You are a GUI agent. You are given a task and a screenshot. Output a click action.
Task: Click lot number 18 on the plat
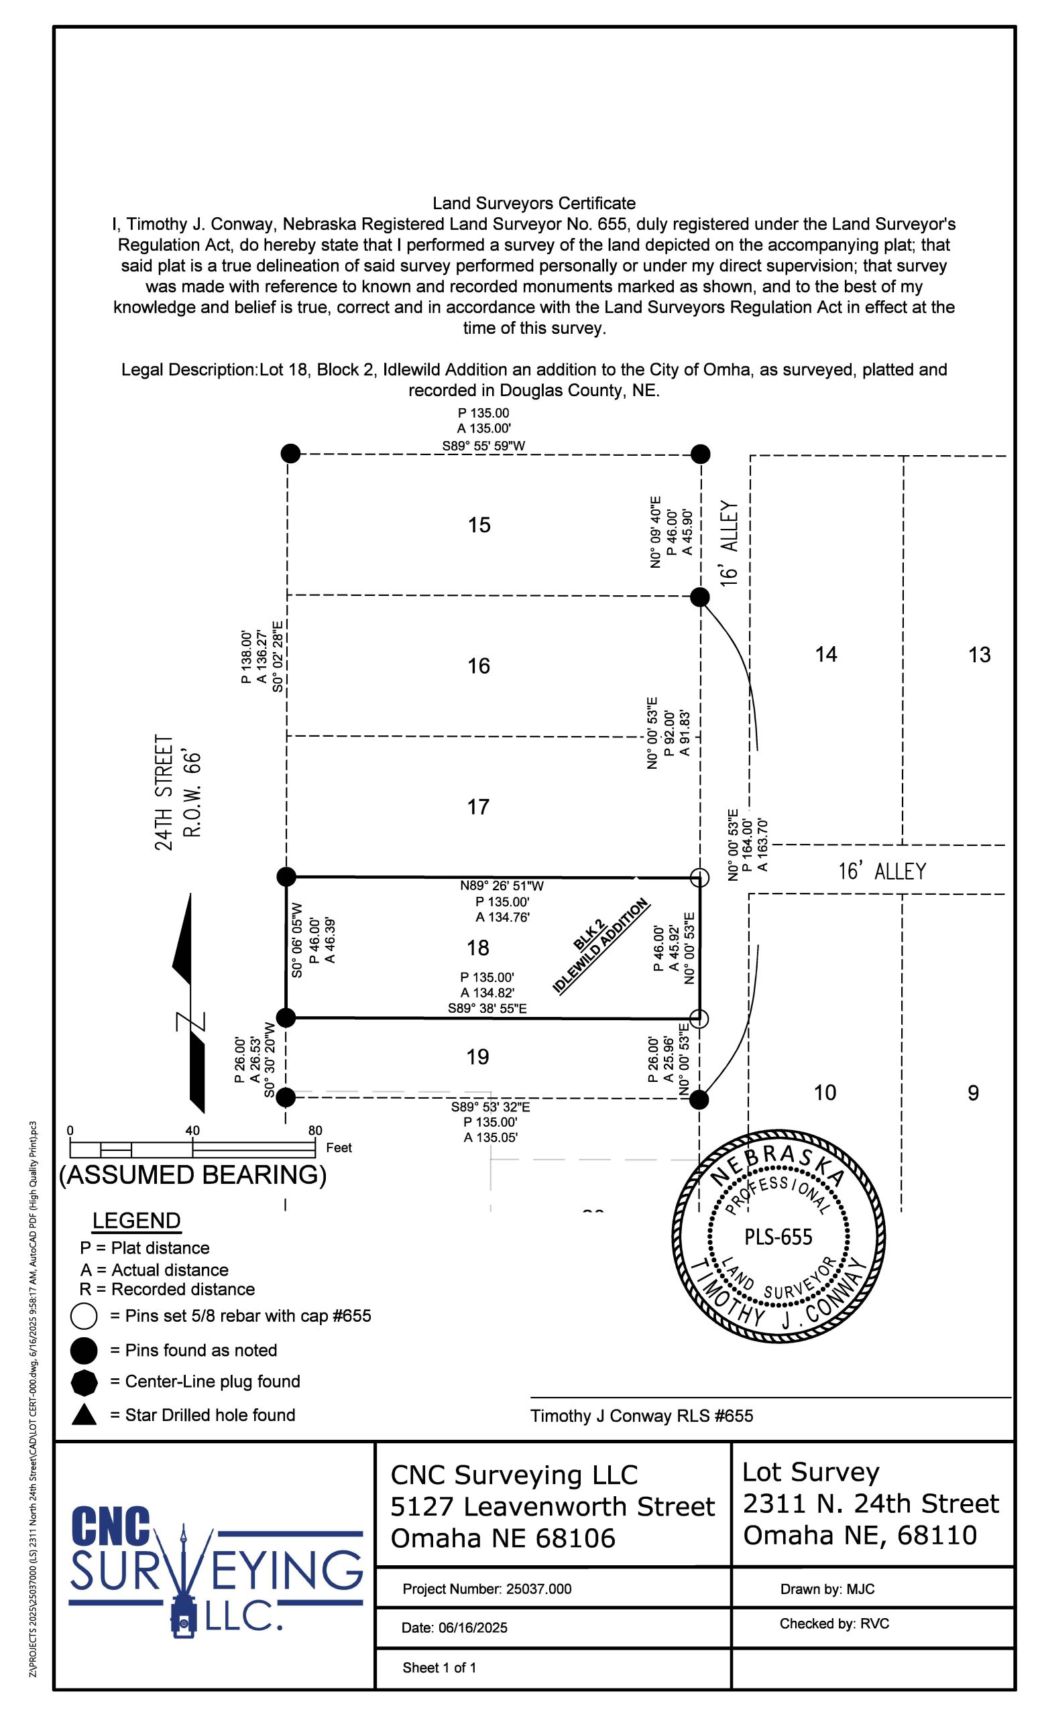coord(478,947)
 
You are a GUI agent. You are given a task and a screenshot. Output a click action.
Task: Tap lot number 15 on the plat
coord(479,524)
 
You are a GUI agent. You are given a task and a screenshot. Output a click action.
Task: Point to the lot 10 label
coord(825,1093)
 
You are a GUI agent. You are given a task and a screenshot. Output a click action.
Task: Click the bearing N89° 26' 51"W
coord(502,886)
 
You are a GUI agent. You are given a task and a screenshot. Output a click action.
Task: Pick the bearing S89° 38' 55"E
coord(487,1007)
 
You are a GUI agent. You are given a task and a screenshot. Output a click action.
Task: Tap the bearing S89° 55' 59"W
coord(483,446)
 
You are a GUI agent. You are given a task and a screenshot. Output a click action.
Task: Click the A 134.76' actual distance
coord(502,917)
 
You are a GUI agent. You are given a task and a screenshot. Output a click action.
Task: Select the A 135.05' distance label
coord(490,1138)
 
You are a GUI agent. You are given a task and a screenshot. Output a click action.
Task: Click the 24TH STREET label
coord(164,792)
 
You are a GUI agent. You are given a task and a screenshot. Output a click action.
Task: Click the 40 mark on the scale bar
coord(192,1129)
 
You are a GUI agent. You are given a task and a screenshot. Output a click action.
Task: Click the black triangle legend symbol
coord(84,1414)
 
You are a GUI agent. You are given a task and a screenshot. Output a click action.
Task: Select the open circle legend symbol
coord(84,1316)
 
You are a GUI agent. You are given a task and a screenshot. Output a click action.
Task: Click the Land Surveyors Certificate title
coord(534,203)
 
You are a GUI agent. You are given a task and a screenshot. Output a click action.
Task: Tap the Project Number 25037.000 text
coord(487,1589)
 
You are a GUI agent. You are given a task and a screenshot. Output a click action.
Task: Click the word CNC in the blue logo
coord(111,1526)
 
